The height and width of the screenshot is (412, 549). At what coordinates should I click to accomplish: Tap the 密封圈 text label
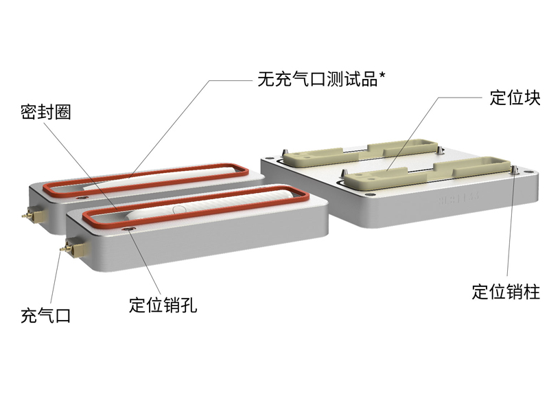[x=45, y=113]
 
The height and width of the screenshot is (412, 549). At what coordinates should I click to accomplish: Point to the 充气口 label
[x=45, y=316]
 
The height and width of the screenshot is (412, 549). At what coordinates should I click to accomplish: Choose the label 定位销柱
[x=506, y=292]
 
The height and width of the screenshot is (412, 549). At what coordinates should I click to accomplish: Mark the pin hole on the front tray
[x=130, y=231]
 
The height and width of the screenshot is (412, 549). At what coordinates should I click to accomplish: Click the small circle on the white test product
[x=180, y=207]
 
